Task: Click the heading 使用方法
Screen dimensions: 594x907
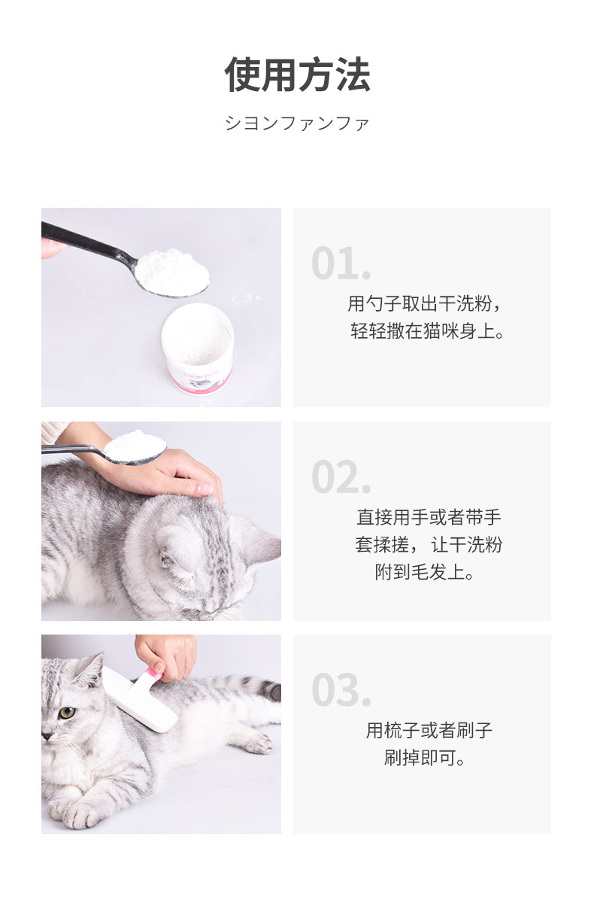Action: click(297, 75)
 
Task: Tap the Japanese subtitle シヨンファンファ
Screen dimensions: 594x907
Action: click(297, 123)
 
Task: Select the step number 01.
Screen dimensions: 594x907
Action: click(341, 263)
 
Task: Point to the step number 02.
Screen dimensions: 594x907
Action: click(341, 476)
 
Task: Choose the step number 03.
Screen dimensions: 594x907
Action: click(341, 689)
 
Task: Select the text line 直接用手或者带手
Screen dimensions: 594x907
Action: click(429, 517)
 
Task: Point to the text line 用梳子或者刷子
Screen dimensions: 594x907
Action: click(429, 730)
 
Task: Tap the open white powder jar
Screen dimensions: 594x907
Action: click(197, 348)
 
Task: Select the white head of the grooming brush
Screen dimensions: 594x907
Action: click(140, 697)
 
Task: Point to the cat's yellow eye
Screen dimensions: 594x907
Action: click(67, 712)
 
